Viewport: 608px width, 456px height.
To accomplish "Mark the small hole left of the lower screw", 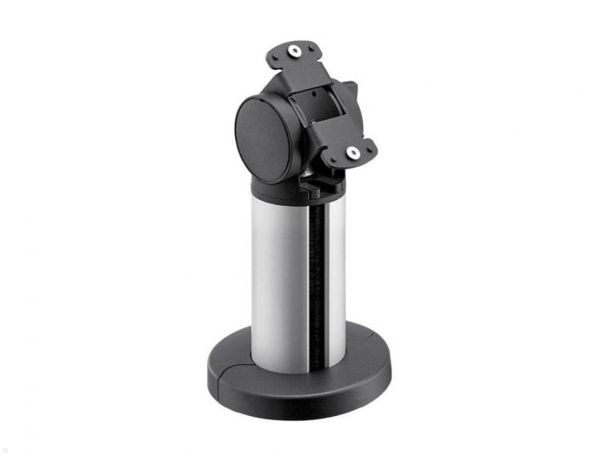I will click(335, 158).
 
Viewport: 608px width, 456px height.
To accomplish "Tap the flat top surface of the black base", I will click(365, 350).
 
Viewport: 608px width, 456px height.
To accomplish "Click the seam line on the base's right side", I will click(366, 330).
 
